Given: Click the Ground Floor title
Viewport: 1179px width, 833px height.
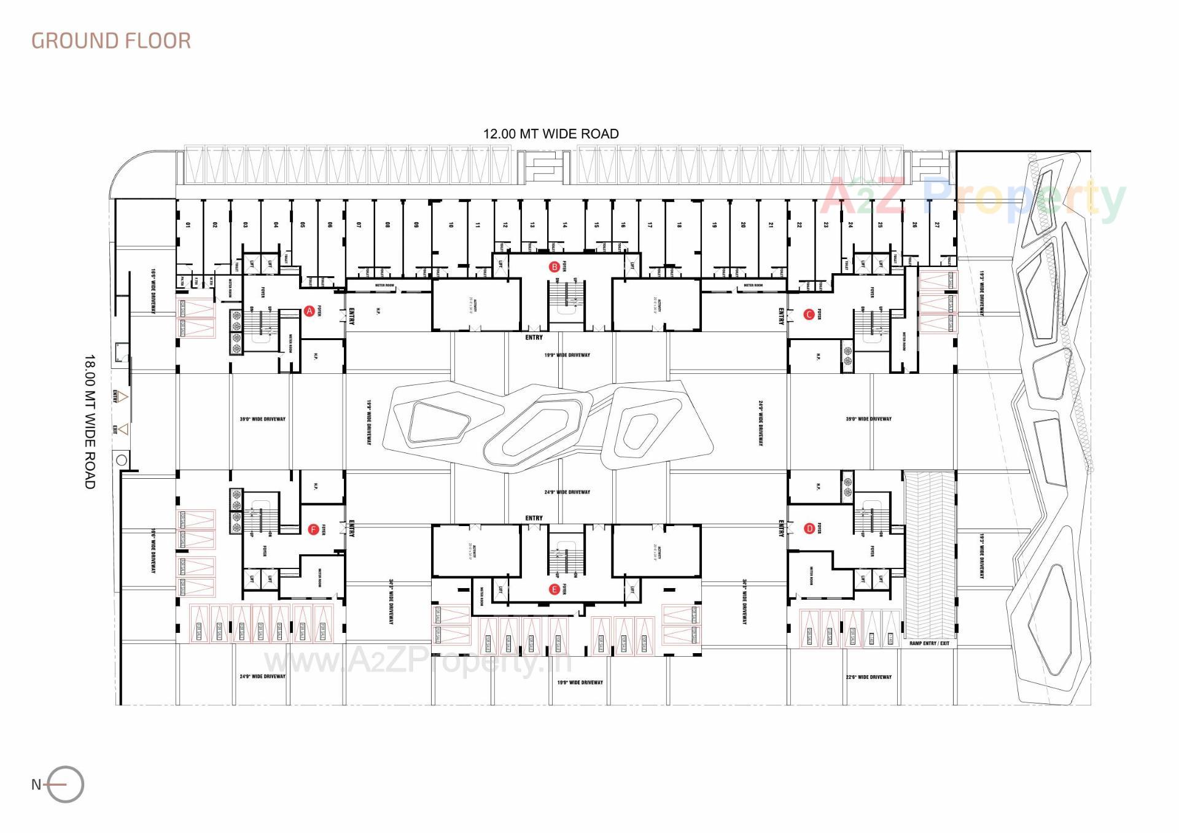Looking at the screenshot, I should pos(111,41).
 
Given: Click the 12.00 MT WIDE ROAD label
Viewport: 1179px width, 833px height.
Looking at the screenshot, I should pos(551,134).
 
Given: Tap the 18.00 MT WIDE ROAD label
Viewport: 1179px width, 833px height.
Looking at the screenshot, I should pos(90,421).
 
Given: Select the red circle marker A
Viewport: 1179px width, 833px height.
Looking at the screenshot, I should pos(309,311).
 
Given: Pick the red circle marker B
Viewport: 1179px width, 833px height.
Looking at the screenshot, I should pos(554,267).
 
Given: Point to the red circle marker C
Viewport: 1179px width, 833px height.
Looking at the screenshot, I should pos(809,315).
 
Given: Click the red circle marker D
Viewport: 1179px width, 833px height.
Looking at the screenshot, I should pos(809,529).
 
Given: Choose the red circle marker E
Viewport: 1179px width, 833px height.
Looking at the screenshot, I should pos(554,590).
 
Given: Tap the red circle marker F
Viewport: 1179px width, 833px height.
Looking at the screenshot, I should pos(313,530).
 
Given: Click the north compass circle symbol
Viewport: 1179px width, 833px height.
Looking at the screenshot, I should pos(66,785).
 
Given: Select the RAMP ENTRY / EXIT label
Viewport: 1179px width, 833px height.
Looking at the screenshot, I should pos(929,643).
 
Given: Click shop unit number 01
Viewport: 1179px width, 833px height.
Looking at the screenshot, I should pos(188,225).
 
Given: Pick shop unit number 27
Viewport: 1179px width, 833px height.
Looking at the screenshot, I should pos(936,225).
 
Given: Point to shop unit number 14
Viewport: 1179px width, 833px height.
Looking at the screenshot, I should pos(564,225).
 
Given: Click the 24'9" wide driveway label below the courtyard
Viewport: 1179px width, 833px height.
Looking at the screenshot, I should pos(567,492).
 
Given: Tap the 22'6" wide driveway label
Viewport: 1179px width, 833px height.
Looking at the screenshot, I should pos(868,677).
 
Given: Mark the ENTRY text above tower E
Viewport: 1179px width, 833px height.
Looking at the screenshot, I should pos(534,518).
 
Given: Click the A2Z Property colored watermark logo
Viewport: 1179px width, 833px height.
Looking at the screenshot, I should pos(973,198).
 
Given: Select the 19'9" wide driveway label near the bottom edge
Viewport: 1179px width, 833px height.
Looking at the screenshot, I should pos(580,683).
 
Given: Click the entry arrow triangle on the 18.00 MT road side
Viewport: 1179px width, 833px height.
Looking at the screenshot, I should pos(123,397).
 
